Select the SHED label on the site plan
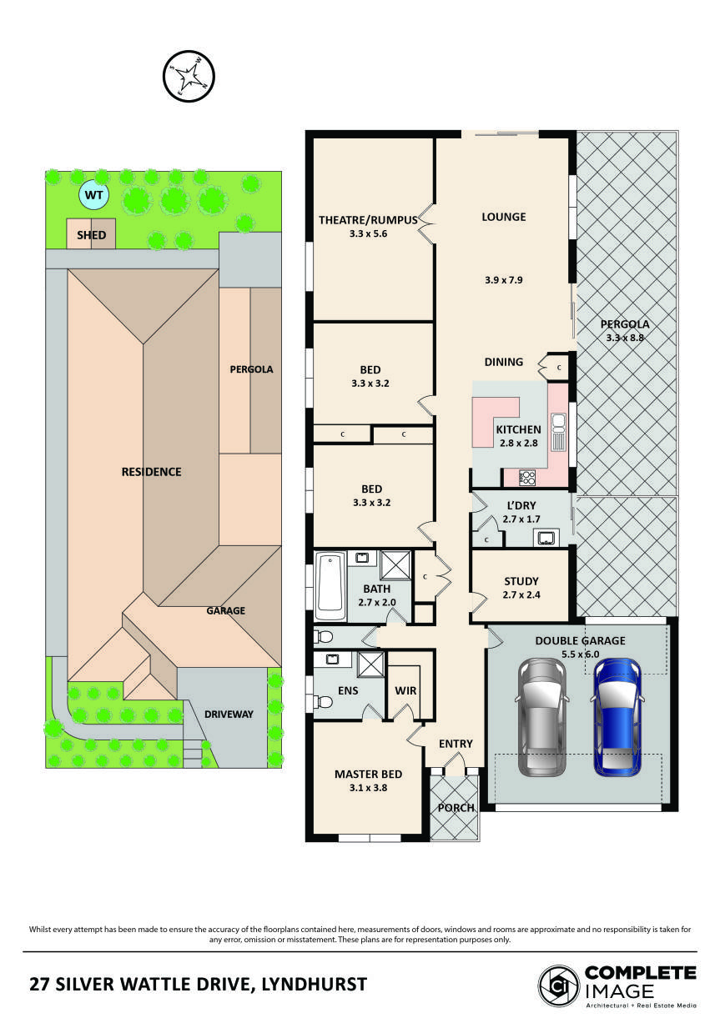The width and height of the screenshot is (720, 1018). tap(91, 235)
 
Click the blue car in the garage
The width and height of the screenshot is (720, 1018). tap(617, 715)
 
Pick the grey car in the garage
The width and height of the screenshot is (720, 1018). tap(541, 715)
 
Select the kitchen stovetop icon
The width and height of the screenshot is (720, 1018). tap(528, 478)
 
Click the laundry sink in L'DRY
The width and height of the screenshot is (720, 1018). tap(547, 537)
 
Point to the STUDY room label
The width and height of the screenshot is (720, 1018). tap(521, 581)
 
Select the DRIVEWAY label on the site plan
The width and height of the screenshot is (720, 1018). tap(229, 714)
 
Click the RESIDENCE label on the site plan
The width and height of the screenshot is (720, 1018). tap(151, 471)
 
